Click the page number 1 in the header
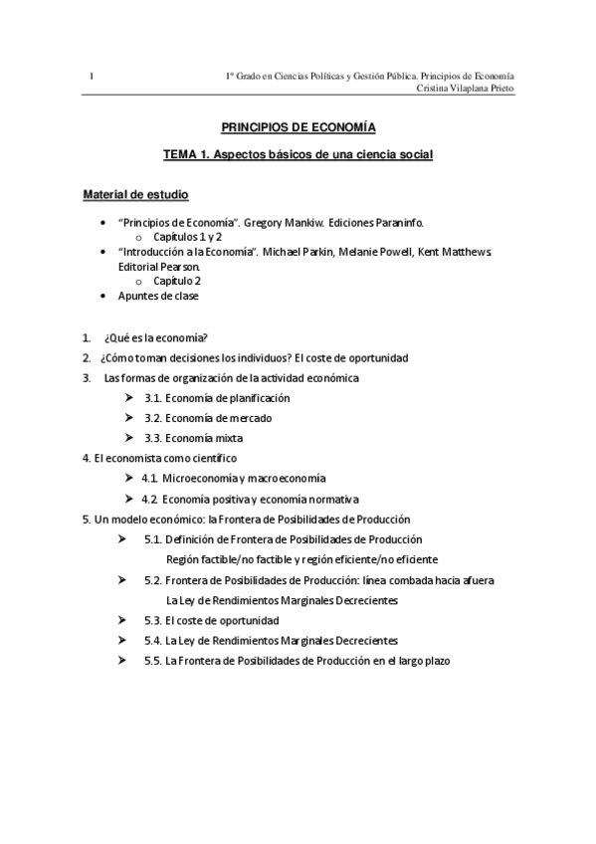(91, 77)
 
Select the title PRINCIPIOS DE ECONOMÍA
(298, 127)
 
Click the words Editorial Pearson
(159, 267)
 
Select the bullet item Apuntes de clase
(157, 296)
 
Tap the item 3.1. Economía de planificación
(217, 397)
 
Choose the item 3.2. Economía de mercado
(207, 418)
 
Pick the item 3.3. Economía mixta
(193, 438)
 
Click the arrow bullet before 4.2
(129, 499)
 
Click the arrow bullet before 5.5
(121, 660)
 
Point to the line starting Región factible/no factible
(301, 559)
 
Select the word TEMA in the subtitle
(181, 155)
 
